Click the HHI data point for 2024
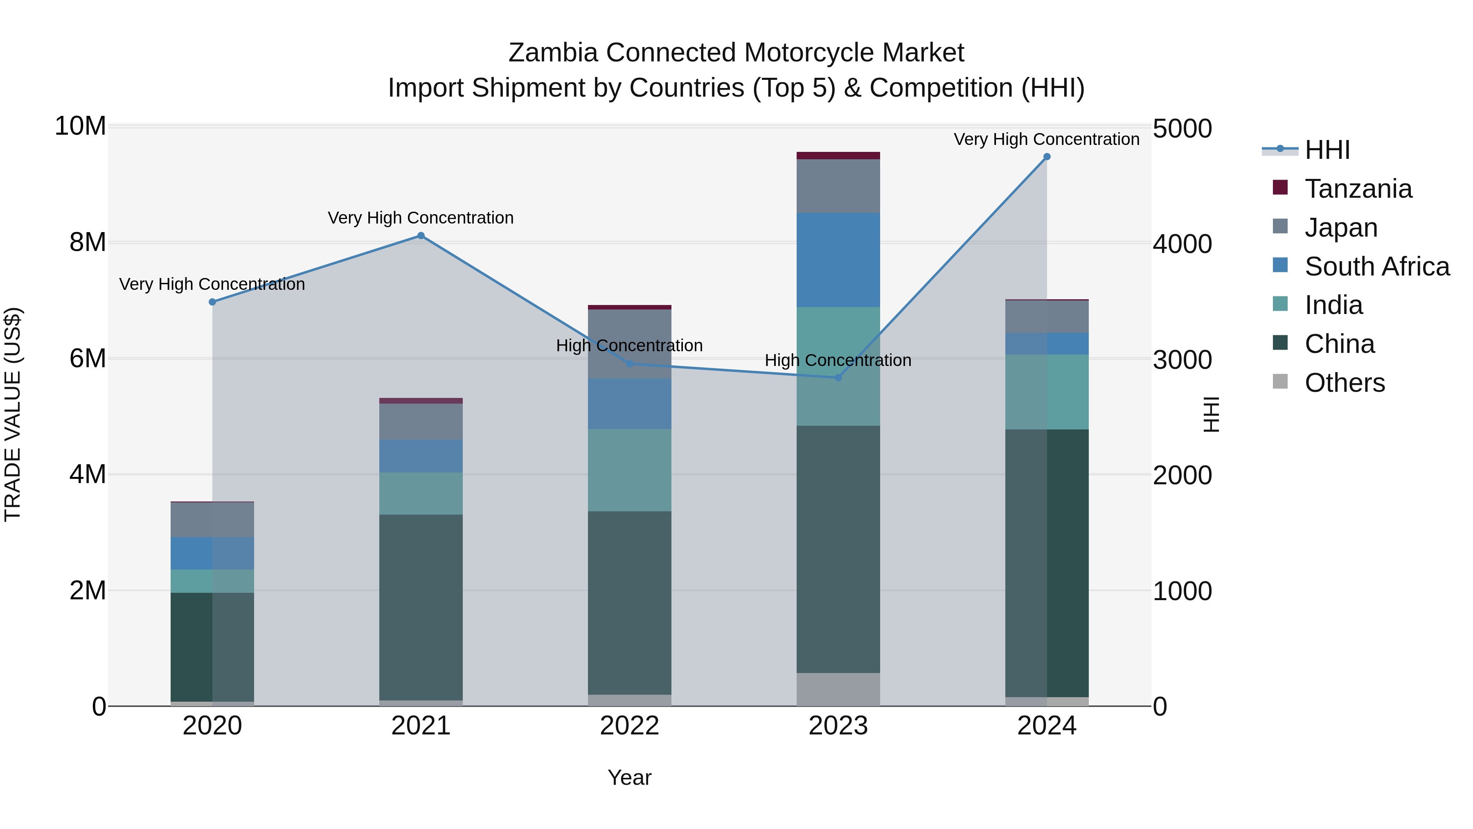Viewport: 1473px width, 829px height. pos(1046,157)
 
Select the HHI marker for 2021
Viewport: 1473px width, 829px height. pos(421,236)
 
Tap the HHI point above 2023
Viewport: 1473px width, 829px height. pos(838,377)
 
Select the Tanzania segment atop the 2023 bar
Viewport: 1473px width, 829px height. pos(838,156)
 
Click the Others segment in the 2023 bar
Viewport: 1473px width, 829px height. pos(838,689)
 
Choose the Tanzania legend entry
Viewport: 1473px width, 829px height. pos(1358,189)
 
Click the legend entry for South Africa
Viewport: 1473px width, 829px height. pos(1376,267)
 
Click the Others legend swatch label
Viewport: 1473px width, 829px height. pos(1345,383)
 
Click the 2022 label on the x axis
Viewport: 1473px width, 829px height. pos(630,726)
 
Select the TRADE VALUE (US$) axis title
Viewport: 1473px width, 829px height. pos(13,414)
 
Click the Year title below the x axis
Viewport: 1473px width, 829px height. pos(630,777)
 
